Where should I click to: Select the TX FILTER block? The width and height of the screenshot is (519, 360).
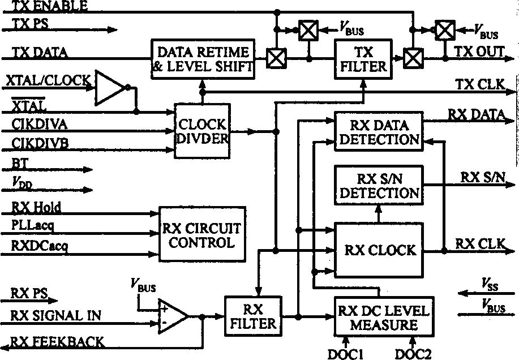[x=362, y=59]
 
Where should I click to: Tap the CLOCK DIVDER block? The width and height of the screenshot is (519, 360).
[x=202, y=131]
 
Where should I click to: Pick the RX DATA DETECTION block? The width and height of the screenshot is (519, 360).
[x=379, y=131]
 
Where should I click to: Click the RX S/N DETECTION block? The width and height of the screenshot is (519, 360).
[x=379, y=185]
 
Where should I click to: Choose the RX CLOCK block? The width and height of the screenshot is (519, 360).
[x=379, y=250]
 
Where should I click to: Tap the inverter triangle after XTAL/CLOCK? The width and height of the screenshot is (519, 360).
[x=109, y=88]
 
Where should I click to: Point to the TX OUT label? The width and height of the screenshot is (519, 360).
[x=479, y=52]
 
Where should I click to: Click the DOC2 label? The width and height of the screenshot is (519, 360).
[x=413, y=353]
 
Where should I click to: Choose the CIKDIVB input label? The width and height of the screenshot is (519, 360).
[x=40, y=144]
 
